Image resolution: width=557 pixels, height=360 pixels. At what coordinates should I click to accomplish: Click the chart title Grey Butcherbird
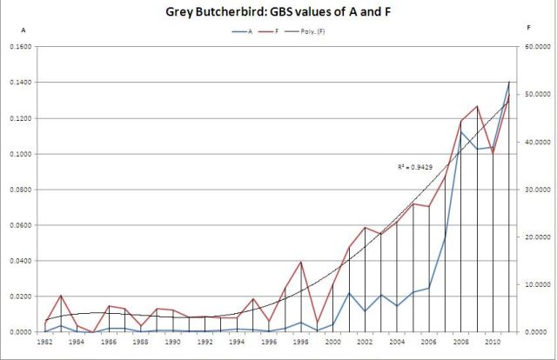tap(279, 13)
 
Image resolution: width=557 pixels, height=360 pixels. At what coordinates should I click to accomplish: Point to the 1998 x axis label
tap(300, 343)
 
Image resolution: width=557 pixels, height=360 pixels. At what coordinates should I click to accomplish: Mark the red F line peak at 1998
tap(300, 262)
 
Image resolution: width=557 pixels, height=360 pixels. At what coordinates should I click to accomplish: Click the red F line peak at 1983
tap(61, 296)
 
